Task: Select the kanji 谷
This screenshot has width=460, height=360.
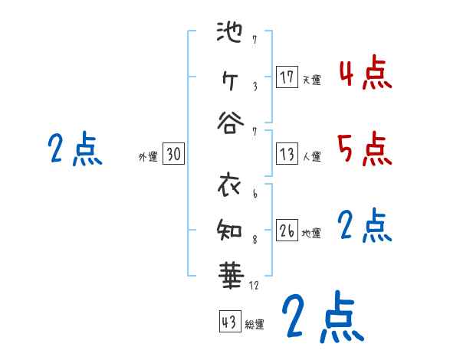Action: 229,123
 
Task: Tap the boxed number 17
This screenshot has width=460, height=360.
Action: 287,77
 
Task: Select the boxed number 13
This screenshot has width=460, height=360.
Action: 287,154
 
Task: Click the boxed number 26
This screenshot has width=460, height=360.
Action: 287,231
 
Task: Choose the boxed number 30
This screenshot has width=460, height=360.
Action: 173,154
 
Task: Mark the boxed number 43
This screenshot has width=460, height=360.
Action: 229,322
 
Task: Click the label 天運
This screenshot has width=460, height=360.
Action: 311,79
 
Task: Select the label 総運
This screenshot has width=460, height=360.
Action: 255,324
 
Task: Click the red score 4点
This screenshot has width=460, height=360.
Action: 366,74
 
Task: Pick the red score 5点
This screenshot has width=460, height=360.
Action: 366,149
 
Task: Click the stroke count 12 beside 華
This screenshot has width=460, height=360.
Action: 255,286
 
